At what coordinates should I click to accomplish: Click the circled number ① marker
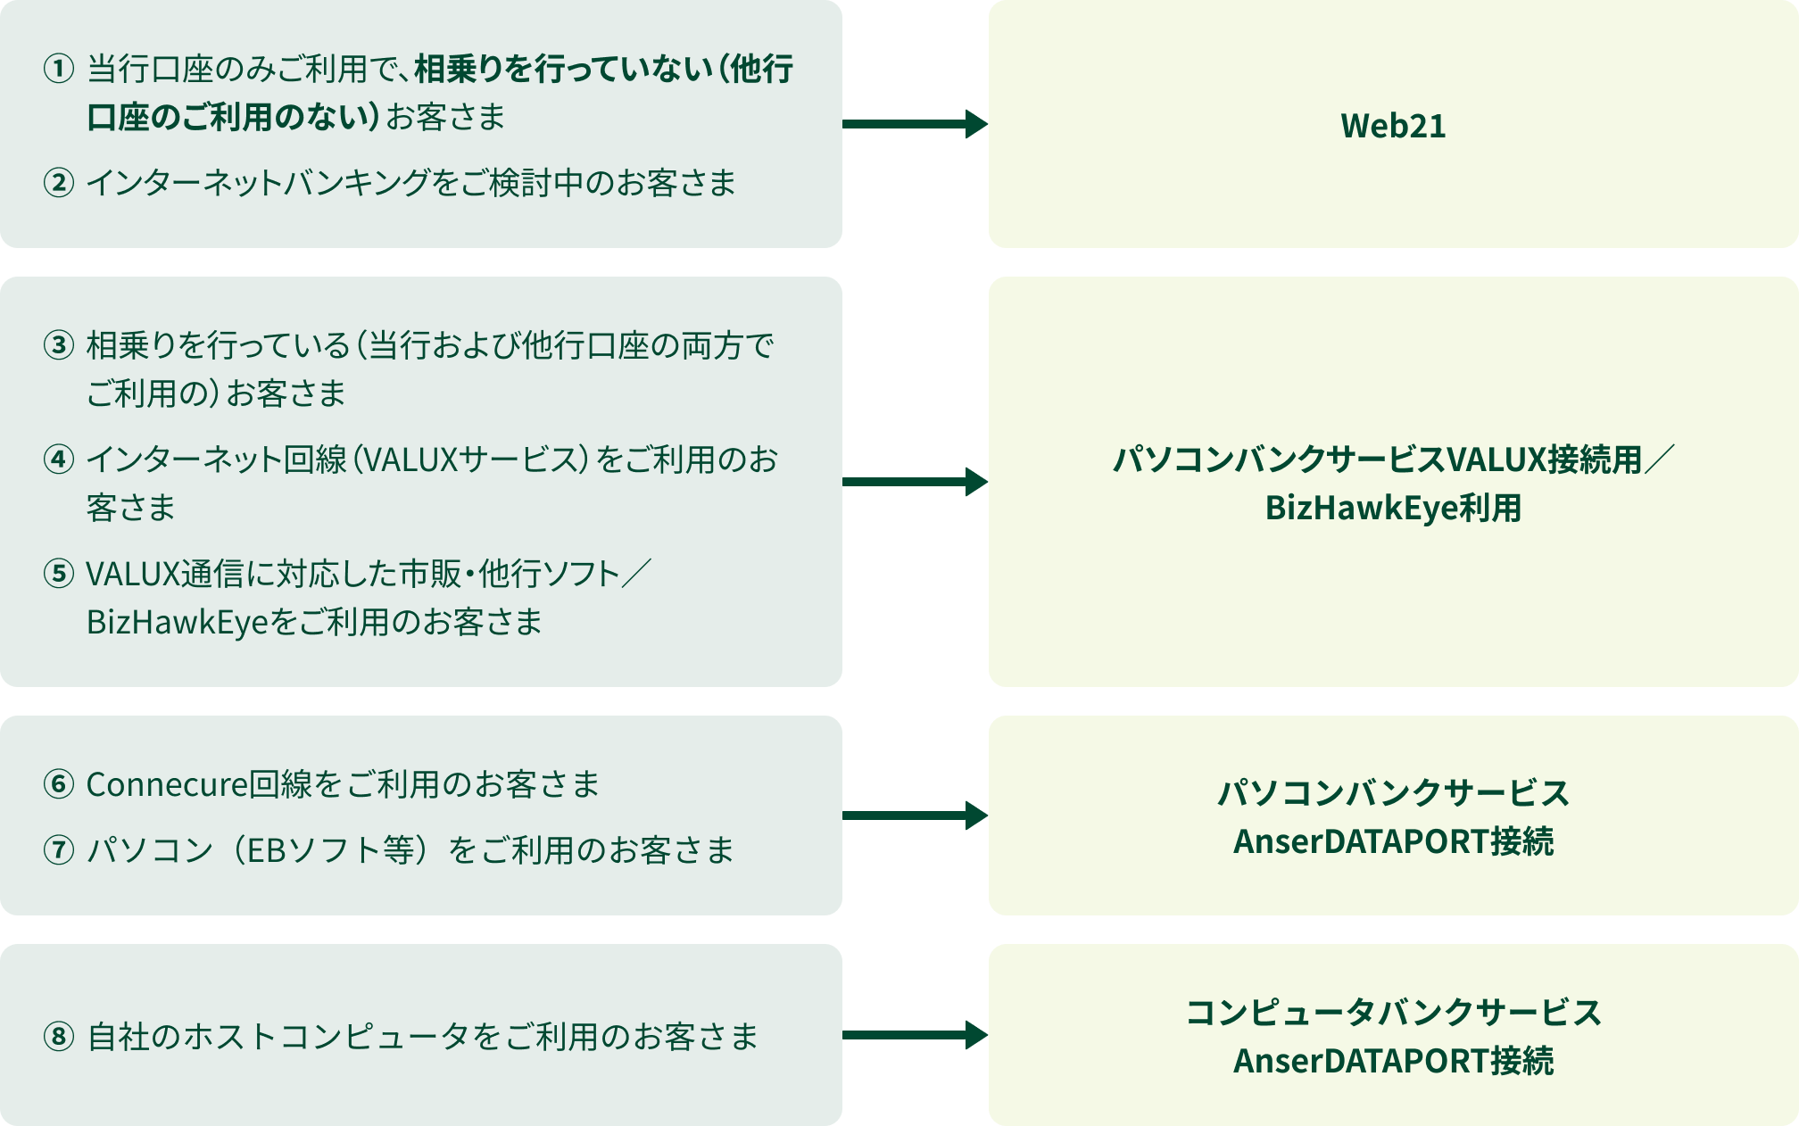(59, 69)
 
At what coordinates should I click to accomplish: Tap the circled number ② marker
(59, 183)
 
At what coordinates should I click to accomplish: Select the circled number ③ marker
(59, 345)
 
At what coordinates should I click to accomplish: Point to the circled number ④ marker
(59, 460)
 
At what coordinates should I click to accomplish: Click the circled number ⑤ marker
(59, 574)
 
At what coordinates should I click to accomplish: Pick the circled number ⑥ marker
(59, 784)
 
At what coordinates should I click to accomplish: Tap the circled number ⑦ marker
(59, 850)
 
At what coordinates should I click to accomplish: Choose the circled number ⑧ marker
(59, 1037)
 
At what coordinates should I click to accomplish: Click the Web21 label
(1393, 126)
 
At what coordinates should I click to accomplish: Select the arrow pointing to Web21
(915, 124)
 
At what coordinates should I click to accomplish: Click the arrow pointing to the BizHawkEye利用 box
(915, 482)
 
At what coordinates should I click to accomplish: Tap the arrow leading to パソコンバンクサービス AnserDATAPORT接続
(915, 816)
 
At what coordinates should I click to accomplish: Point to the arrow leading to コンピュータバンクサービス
(915, 1035)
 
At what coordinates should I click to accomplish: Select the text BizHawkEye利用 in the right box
(1393, 508)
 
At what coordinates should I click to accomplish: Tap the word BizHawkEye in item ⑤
(178, 622)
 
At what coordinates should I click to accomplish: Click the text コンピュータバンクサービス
(1393, 1013)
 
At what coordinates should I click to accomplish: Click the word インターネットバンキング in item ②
(259, 183)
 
